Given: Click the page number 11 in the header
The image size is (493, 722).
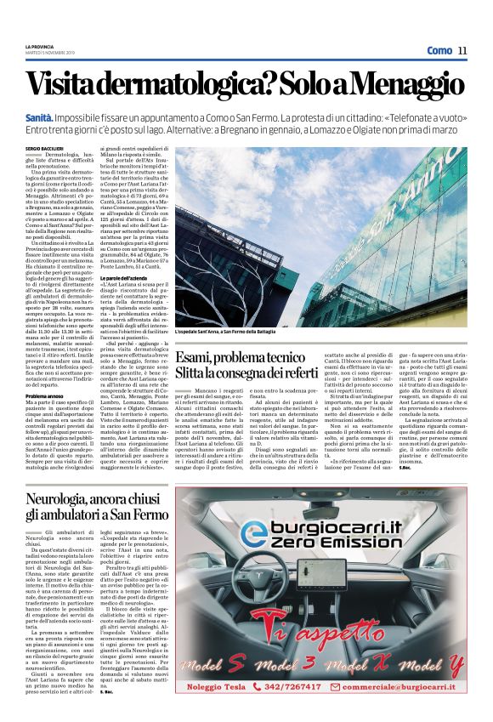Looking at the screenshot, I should [462, 50].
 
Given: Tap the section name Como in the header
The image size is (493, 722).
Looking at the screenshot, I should [438, 50].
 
